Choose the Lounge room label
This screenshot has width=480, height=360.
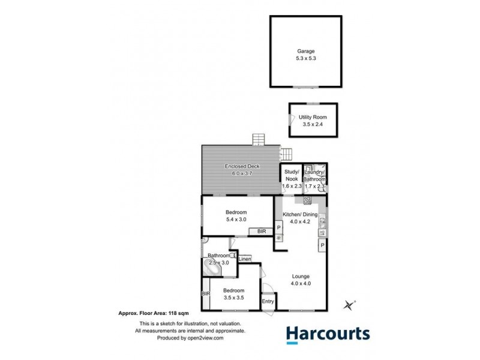(300, 277)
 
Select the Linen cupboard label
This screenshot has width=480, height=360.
(245, 259)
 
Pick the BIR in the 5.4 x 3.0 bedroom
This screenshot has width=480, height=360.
(262, 230)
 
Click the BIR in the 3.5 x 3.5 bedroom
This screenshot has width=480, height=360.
(206, 295)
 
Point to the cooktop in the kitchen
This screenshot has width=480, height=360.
(279, 238)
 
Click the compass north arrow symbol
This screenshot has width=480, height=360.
(348, 305)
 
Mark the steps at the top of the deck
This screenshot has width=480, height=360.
(259, 140)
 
